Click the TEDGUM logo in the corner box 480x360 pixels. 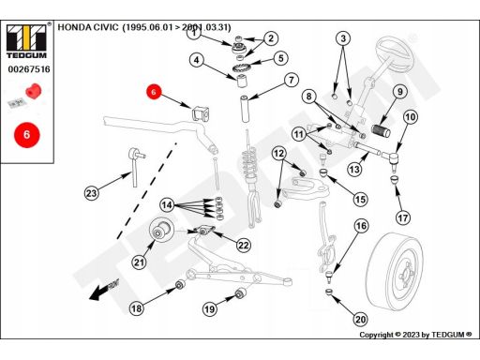pyautogui.click(x=26, y=41)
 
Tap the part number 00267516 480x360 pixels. pyautogui.click(x=29, y=69)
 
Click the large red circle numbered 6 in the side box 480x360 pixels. pyautogui.click(x=27, y=135)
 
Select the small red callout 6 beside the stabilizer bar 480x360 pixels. pyautogui.click(x=154, y=92)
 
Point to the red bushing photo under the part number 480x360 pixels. pyautogui.click(x=33, y=91)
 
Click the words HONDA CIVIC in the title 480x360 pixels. pyautogui.click(x=88, y=27)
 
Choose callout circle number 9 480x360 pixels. pyautogui.click(x=399, y=92)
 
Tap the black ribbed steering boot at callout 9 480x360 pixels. pyautogui.click(x=381, y=130)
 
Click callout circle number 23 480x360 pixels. pyautogui.click(x=91, y=193)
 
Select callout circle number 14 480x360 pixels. pyautogui.click(x=167, y=205)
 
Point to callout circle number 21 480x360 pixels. pyautogui.click(x=139, y=262)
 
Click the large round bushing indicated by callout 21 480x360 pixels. pyautogui.click(x=160, y=231)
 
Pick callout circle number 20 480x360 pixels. pyautogui.click(x=360, y=320)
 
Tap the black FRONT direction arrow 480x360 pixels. pyautogui.click(x=103, y=290)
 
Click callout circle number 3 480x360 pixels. pyautogui.click(x=343, y=38)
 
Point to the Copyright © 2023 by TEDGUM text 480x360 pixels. pyautogui.click(x=415, y=335)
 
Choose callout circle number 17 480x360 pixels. pyautogui.click(x=403, y=217)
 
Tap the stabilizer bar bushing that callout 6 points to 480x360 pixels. pyautogui.click(x=200, y=113)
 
